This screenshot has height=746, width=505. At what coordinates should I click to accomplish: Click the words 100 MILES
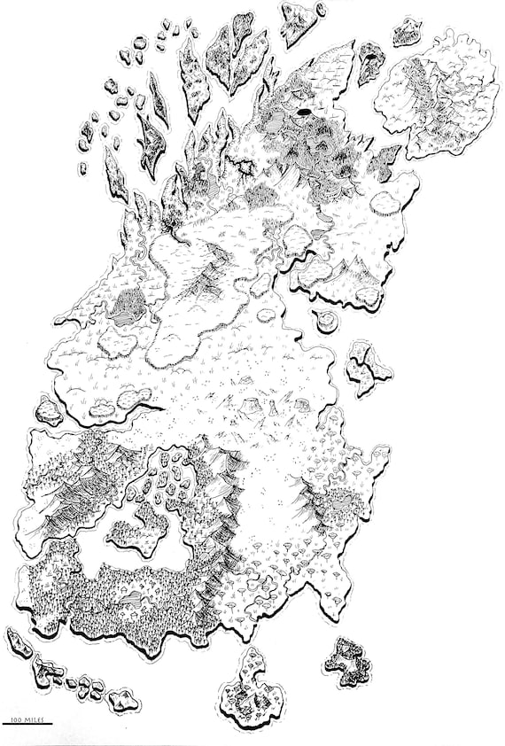click(27, 719)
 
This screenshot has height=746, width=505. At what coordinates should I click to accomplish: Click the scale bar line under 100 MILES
click(27, 725)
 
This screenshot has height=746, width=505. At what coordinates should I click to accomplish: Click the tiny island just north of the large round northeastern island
click(408, 32)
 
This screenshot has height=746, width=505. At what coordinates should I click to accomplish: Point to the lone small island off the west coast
click(50, 410)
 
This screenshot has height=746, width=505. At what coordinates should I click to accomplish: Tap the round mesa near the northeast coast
click(384, 202)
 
